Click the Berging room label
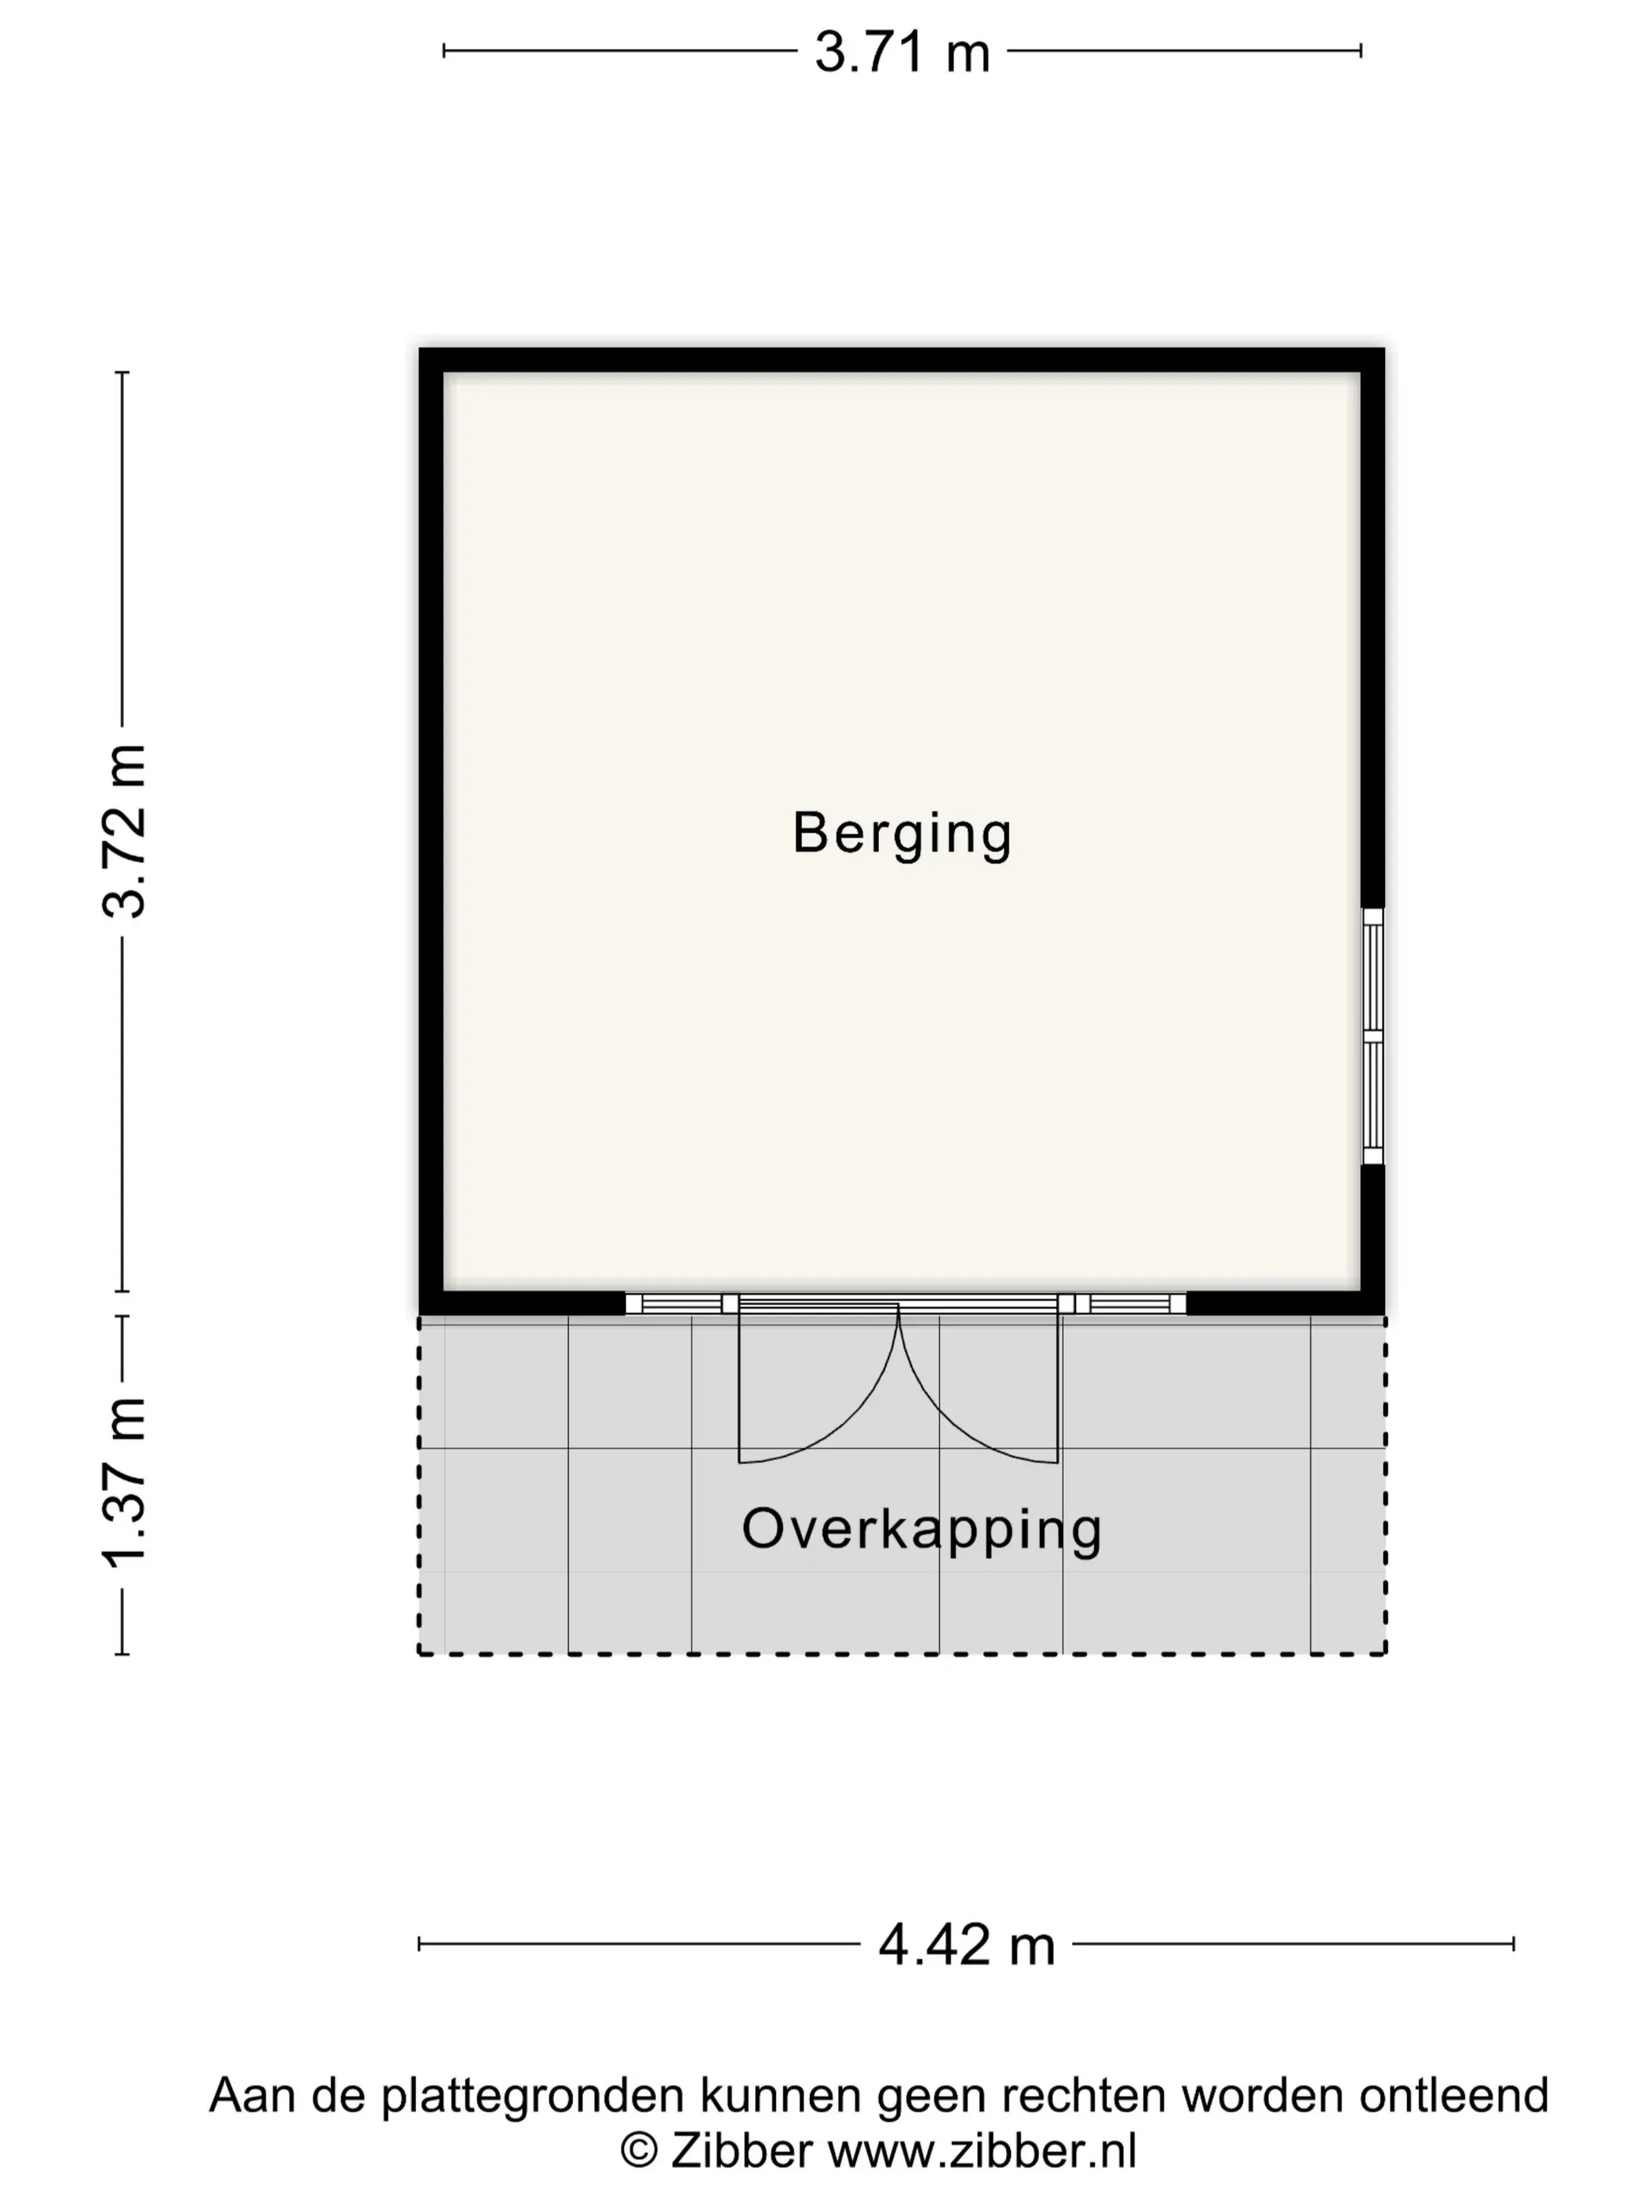coord(902,833)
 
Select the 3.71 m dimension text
coord(902,52)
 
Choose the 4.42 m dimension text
coord(967,1944)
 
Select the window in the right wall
coord(1372,1036)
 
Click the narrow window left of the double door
coord(681,1303)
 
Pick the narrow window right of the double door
coord(1121,1303)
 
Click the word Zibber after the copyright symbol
coord(741,2151)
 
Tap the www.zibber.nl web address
coord(983,2151)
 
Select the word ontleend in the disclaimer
coord(1453,2095)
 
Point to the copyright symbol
coord(640,2151)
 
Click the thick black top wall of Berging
coord(902,359)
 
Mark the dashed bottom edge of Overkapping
coord(902,1654)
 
